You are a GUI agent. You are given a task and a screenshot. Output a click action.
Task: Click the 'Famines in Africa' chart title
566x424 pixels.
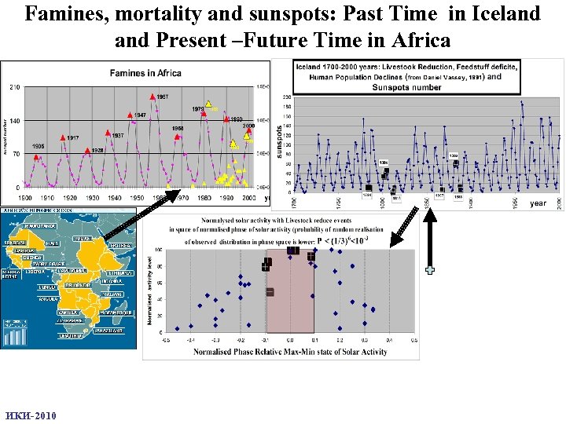[145, 73]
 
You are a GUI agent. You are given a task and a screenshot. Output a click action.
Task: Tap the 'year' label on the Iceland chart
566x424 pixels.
[538, 203]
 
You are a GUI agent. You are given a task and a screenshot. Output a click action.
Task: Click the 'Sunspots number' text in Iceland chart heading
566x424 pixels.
[407, 87]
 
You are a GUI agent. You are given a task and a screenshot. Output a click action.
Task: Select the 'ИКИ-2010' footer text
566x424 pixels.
[31, 415]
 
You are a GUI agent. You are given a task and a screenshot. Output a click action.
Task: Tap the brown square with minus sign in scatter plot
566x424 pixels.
[270, 292]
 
